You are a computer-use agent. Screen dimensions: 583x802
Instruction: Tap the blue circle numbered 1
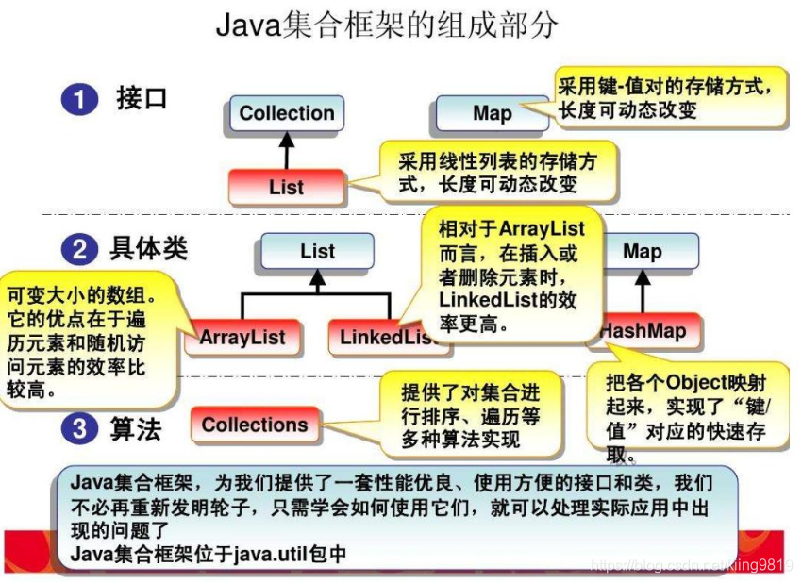pyautogui.click(x=80, y=99)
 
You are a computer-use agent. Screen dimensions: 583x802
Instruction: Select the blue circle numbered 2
pyautogui.click(x=80, y=250)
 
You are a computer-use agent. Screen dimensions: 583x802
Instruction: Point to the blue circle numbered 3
pyautogui.click(x=80, y=429)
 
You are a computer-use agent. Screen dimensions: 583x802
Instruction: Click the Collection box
pyautogui.click(x=287, y=113)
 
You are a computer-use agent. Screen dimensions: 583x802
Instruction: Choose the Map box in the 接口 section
pyautogui.click(x=492, y=113)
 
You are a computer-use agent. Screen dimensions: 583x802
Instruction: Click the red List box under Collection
pyautogui.click(x=286, y=186)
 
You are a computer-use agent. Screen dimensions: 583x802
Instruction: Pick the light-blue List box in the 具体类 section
pyautogui.click(x=317, y=252)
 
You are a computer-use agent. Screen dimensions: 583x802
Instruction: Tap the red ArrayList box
pyautogui.click(x=242, y=337)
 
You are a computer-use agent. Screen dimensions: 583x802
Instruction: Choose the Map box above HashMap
pyautogui.click(x=643, y=252)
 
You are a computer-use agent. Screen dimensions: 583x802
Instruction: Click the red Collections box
pyautogui.click(x=255, y=425)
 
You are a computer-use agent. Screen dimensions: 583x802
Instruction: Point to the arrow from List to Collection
pyautogui.click(x=287, y=149)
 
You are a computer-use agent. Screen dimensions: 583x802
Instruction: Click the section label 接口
pyautogui.click(x=142, y=98)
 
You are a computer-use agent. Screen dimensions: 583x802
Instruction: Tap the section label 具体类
pyautogui.click(x=149, y=249)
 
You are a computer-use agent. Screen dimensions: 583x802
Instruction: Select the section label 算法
pyautogui.click(x=137, y=429)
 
